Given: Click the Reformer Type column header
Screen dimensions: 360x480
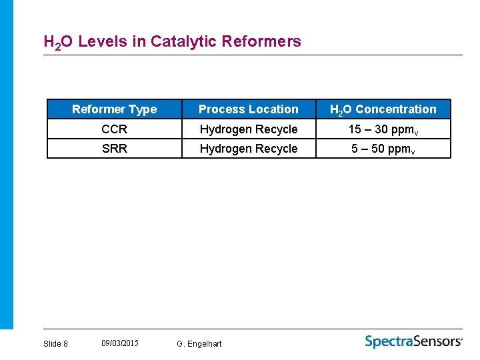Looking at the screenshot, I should click(x=114, y=109).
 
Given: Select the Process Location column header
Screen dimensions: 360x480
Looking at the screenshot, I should click(x=249, y=109).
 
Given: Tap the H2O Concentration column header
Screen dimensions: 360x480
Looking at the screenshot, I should click(x=383, y=109).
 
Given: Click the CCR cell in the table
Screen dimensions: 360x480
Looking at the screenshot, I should click(x=114, y=129).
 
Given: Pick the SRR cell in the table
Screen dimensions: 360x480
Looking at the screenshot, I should click(x=114, y=148).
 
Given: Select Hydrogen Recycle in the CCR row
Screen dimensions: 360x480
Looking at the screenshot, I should click(x=249, y=129).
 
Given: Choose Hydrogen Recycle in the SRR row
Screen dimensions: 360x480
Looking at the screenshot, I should click(x=249, y=148).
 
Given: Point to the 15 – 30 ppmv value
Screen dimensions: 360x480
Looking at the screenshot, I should click(x=383, y=129).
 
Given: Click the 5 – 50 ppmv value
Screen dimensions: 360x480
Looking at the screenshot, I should click(x=383, y=149).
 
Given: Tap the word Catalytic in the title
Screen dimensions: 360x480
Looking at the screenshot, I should click(x=183, y=41).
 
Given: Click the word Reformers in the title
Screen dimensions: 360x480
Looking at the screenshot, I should click(x=261, y=41).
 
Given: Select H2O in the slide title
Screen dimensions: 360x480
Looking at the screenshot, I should click(x=58, y=42).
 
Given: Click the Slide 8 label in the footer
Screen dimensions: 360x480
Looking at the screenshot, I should click(x=55, y=343).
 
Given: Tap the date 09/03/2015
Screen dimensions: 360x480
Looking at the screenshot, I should click(x=120, y=343).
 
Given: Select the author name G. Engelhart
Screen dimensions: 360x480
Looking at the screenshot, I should click(x=199, y=343).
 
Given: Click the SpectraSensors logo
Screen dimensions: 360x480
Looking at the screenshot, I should click(x=413, y=341).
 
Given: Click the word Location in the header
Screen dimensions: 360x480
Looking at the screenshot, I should click(x=273, y=109).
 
